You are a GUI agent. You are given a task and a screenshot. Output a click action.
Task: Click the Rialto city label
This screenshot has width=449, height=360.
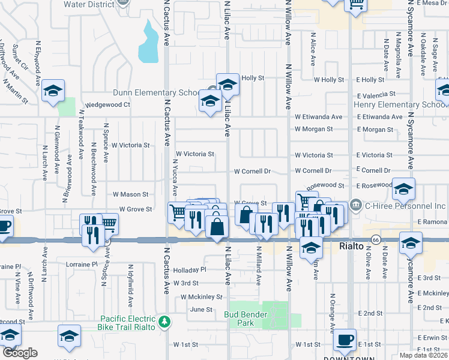click(351, 247)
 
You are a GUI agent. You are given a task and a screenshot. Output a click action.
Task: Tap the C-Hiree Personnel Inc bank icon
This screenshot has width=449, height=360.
click(356, 206)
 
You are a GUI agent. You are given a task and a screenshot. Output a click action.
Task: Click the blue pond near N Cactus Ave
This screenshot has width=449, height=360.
click(149, 43)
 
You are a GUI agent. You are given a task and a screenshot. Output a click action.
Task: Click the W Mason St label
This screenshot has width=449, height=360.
click(130, 194)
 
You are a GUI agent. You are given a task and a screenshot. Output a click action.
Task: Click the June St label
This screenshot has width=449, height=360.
click(201, 310)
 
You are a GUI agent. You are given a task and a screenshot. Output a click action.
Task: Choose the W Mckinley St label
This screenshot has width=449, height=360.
click(202, 297)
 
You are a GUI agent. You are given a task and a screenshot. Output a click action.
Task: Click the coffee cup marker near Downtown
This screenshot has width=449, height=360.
click(345, 340)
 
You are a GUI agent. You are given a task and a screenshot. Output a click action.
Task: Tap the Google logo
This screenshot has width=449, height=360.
click(20, 353)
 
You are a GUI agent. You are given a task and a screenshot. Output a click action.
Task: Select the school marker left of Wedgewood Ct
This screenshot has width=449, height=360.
click(53, 91)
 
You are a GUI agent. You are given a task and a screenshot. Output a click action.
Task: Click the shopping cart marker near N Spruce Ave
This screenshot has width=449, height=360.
click(107, 224)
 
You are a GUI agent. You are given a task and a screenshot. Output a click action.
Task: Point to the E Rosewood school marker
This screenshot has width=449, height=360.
click(403, 188)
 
